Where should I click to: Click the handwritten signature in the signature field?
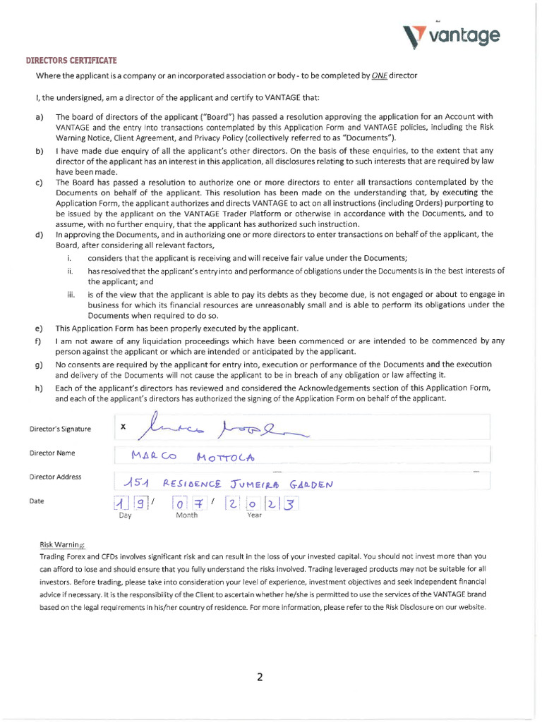pyautogui.click(x=219, y=426)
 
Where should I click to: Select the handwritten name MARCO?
pyautogui.click(x=153, y=455)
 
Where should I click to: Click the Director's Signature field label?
pyautogui.click(x=60, y=429)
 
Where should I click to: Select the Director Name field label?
pyautogui.click(x=52, y=453)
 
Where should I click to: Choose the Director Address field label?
pyautogui.click(x=55, y=477)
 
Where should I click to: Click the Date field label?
pyautogui.click(x=36, y=501)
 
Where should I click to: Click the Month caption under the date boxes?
pyautogui.click(x=186, y=515)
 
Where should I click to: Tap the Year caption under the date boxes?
pyautogui.click(x=254, y=515)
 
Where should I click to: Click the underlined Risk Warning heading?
pyautogui.click(x=62, y=544)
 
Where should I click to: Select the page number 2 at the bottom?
pyautogui.click(x=260, y=678)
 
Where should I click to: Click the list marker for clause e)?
pyautogui.click(x=38, y=328)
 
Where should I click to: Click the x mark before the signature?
pyautogui.click(x=123, y=426)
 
